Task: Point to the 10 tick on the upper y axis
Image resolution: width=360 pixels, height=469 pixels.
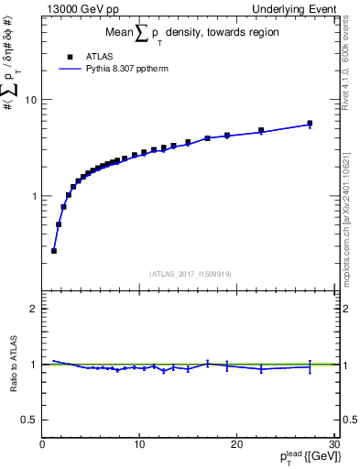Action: pyautogui.click(x=33, y=100)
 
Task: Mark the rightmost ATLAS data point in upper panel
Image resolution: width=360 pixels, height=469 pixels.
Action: pyautogui.click(x=310, y=124)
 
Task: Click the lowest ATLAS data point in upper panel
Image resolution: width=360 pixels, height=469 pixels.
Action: pyautogui.click(x=54, y=250)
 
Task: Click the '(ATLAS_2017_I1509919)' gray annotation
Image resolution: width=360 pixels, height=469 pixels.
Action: pyautogui.click(x=189, y=273)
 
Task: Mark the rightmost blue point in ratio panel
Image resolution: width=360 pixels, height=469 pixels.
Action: pyautogui.click(x=310, y=366)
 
